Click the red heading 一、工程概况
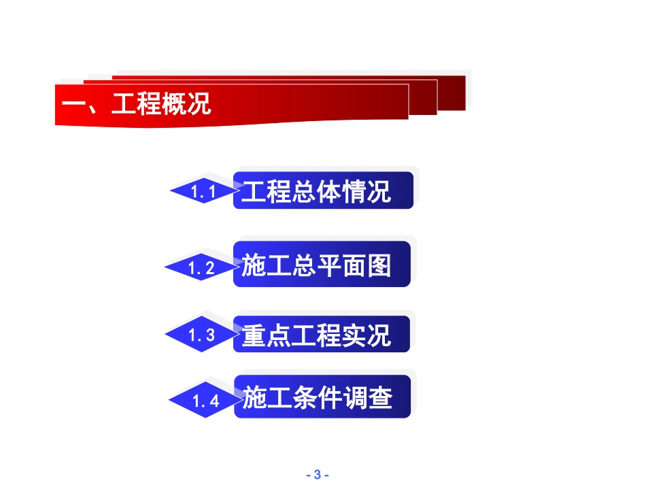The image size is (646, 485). tap(136, 105)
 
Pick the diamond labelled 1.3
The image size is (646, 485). tap(201, 335)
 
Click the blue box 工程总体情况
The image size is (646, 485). tap(323, 191)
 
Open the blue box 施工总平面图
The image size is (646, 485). tap(322, 265)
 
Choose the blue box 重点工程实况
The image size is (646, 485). tap(322, 335)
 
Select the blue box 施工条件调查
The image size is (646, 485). tap(323, 397)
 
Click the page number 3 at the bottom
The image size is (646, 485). tap(317, 475)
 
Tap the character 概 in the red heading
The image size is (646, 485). tap(173, 105)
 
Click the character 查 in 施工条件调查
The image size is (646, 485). tap(381, 397)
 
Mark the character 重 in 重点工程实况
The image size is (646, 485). tap(254, 335)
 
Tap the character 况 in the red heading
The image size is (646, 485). tap(199, 105)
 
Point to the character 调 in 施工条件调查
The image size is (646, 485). tap(356, 397)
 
